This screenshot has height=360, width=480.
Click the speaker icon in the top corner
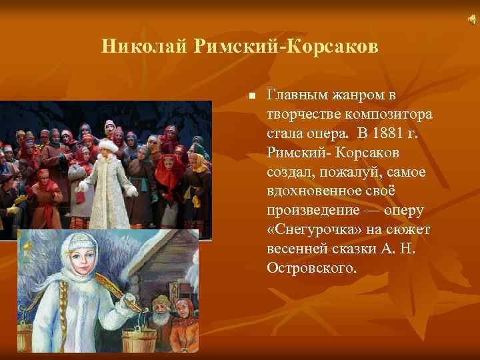[471, 22]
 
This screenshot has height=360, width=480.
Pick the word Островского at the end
[312, 268]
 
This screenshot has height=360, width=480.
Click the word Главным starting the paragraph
[296, 95]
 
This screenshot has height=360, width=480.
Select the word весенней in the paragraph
[295, 249]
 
